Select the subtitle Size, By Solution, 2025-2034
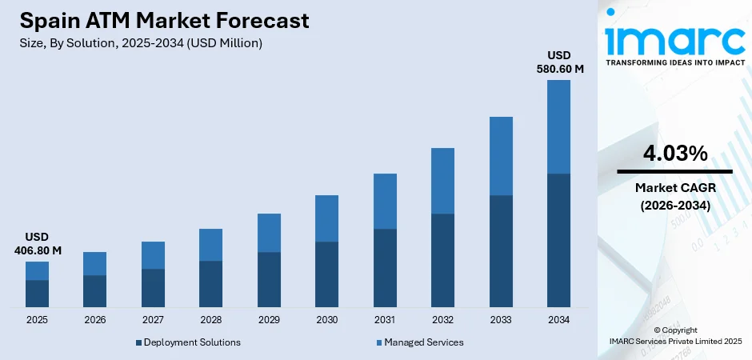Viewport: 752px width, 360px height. (141, 43)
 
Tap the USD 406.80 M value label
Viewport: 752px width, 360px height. (37, 244)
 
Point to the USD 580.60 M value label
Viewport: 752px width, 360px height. (559, 62)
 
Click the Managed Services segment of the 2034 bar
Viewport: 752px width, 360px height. (559, 126)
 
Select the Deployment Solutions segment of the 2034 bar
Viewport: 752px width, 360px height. (559, 240)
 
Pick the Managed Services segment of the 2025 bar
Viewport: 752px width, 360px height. (37, 270)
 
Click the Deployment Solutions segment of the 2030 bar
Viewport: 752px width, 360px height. (327, 274)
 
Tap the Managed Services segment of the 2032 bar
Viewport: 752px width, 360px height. (443, 181)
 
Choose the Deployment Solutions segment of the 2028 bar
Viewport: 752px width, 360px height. (211, 284)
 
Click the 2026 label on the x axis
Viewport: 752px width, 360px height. (94, 320)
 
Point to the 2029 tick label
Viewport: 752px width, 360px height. (269, 320)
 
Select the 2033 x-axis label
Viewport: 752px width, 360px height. (501, 320)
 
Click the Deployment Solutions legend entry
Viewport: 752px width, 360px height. (189, 342)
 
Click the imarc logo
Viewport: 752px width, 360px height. (674, 36)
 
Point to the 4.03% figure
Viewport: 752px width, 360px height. (674, 154)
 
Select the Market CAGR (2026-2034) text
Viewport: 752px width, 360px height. (674, 196)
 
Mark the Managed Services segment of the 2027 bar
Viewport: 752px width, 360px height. (153, 255)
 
